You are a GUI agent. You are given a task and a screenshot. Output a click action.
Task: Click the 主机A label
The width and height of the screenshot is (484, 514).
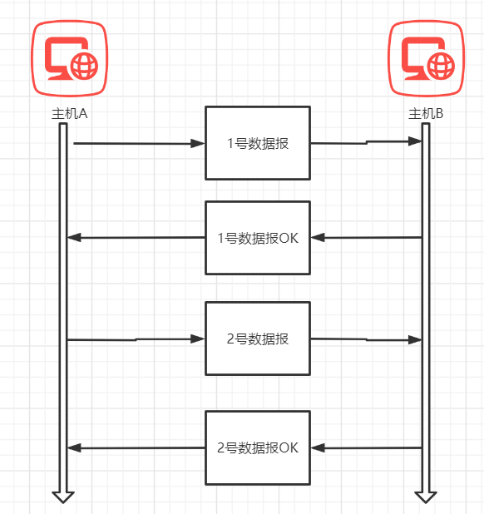click(x=70, y=114)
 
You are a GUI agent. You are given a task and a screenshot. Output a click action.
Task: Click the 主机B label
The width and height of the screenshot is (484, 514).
click(x=426, y=114)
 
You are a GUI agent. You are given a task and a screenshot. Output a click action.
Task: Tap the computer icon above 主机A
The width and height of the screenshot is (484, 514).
click(x=70, y=58)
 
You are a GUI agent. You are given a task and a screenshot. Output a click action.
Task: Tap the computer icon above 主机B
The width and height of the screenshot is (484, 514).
click(x=427, y=58)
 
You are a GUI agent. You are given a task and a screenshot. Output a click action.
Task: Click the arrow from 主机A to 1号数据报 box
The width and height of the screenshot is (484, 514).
click(x=139, y=143)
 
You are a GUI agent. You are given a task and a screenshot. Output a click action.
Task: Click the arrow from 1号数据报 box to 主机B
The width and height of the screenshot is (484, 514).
click(x=366, y=142)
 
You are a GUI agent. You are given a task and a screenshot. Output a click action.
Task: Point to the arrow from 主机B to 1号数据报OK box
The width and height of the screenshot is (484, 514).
click(x=366, y=237)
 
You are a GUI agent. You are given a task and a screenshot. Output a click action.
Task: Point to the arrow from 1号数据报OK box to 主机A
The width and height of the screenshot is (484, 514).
click(x=136, y=237)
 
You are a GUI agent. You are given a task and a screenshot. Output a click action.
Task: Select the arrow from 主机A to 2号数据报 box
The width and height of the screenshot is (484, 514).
click(x=136, y=339)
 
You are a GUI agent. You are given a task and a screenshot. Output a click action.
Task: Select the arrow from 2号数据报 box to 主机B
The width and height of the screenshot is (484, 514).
click(x=366, y=339)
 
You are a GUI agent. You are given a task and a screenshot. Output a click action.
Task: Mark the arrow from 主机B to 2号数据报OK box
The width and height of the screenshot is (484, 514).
click(x=366, y=447)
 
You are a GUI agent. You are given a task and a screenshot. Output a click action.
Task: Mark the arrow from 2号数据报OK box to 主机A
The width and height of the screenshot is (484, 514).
click(x=136, y=447)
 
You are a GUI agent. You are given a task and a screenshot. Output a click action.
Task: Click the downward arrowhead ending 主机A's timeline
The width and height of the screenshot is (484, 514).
click(x=63, y=497)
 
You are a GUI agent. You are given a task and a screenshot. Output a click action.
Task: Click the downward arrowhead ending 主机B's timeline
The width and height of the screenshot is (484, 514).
click(x=426, y=497)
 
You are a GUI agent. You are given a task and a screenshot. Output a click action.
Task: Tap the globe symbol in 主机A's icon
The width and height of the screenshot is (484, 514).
click(x=84, y=66)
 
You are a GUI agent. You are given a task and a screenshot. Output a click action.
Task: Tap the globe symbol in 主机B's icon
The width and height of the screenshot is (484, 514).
click(x=441, y=66)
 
